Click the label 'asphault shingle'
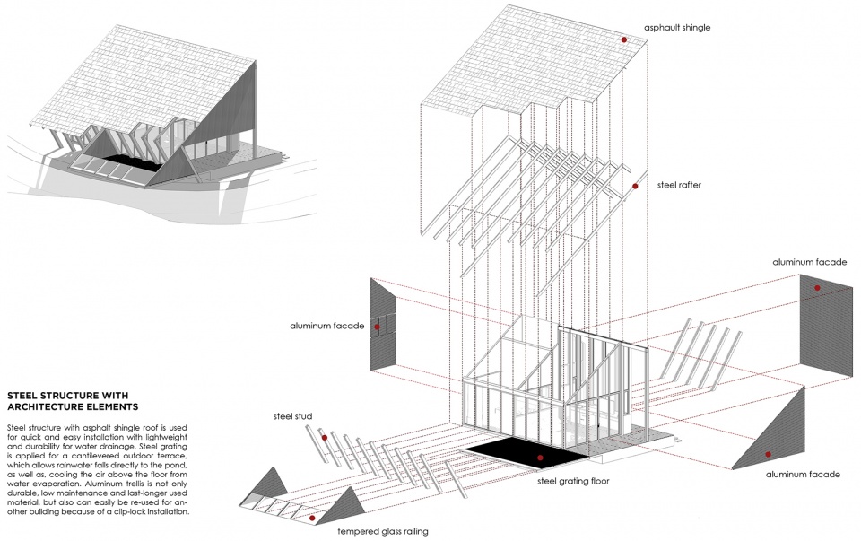pos(677,28)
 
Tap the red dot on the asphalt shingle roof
pos(624,39)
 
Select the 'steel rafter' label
pos(679,185)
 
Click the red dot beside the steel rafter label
pos(635,187)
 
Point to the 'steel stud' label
pos(292,416)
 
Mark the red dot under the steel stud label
pos(325,438)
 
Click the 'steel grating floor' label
pos(573,481)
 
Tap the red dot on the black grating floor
pos(540,458)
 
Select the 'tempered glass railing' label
pos(383,531)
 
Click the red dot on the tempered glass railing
pos(312,518)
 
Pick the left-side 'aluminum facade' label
pos(327,326)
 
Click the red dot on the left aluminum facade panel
pos(378,327)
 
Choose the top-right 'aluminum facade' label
pos(809,262)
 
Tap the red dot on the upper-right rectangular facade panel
pos(817,288)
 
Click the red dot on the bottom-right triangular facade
pos(769,454)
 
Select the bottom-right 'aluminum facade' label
pos(803,474)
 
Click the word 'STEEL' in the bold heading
pos(22,396)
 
